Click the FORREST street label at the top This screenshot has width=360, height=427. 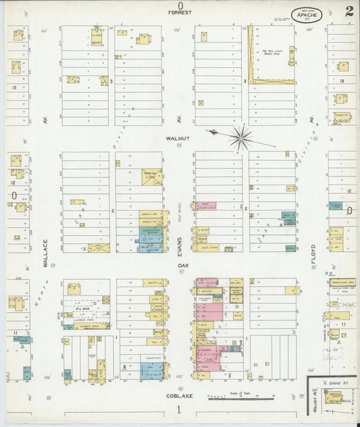[180, 13]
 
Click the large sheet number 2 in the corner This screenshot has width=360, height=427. [347, 11]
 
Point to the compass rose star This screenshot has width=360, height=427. [240, 137]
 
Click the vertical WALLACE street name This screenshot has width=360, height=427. [46, 253]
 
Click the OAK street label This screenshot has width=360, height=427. [180, 266]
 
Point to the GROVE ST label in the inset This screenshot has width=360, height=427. [340, 382]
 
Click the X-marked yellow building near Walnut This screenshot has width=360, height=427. [151, 177]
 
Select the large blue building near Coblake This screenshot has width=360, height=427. [151, 370]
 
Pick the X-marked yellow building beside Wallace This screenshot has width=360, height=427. [99, 248]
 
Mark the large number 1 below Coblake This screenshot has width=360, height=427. [179, 410]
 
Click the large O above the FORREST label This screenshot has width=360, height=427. [180, 5]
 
